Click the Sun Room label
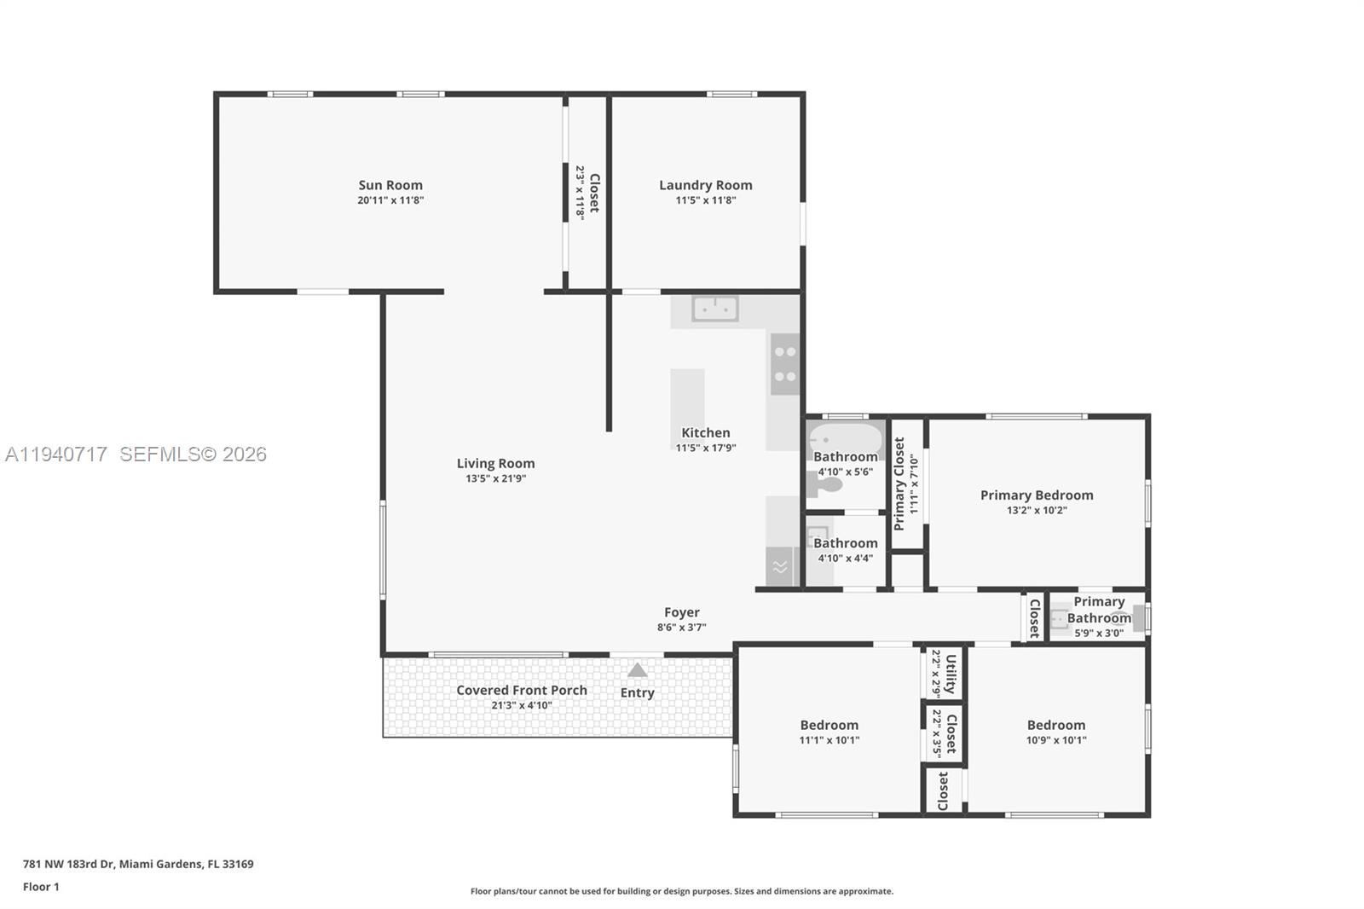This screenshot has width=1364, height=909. pos(390,185)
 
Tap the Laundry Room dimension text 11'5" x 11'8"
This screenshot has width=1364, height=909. pos(705,200)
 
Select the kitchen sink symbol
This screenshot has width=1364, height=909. pos(714,309)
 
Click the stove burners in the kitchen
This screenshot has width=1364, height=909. pos(785,364)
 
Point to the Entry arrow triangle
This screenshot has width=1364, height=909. pos(637,670)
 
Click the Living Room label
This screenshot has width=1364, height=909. pos(495,464)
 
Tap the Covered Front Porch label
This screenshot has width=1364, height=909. pos(521,690)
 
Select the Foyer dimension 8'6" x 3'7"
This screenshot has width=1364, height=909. pos(681,628)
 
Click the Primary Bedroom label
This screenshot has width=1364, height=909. pos(1036,495)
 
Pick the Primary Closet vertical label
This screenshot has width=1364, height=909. pos(899,483)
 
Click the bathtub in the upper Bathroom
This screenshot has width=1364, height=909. pos(844,438)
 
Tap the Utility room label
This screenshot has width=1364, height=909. pos(951,673)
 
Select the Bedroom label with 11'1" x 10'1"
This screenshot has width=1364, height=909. pos(829,725)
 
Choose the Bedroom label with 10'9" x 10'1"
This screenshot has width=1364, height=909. pos(1055,725)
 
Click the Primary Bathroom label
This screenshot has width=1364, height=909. pos(1098,610)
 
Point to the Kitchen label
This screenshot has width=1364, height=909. pos(705,432)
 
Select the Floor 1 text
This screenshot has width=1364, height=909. pos(41,887)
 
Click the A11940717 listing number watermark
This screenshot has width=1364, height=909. pos(56,454)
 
